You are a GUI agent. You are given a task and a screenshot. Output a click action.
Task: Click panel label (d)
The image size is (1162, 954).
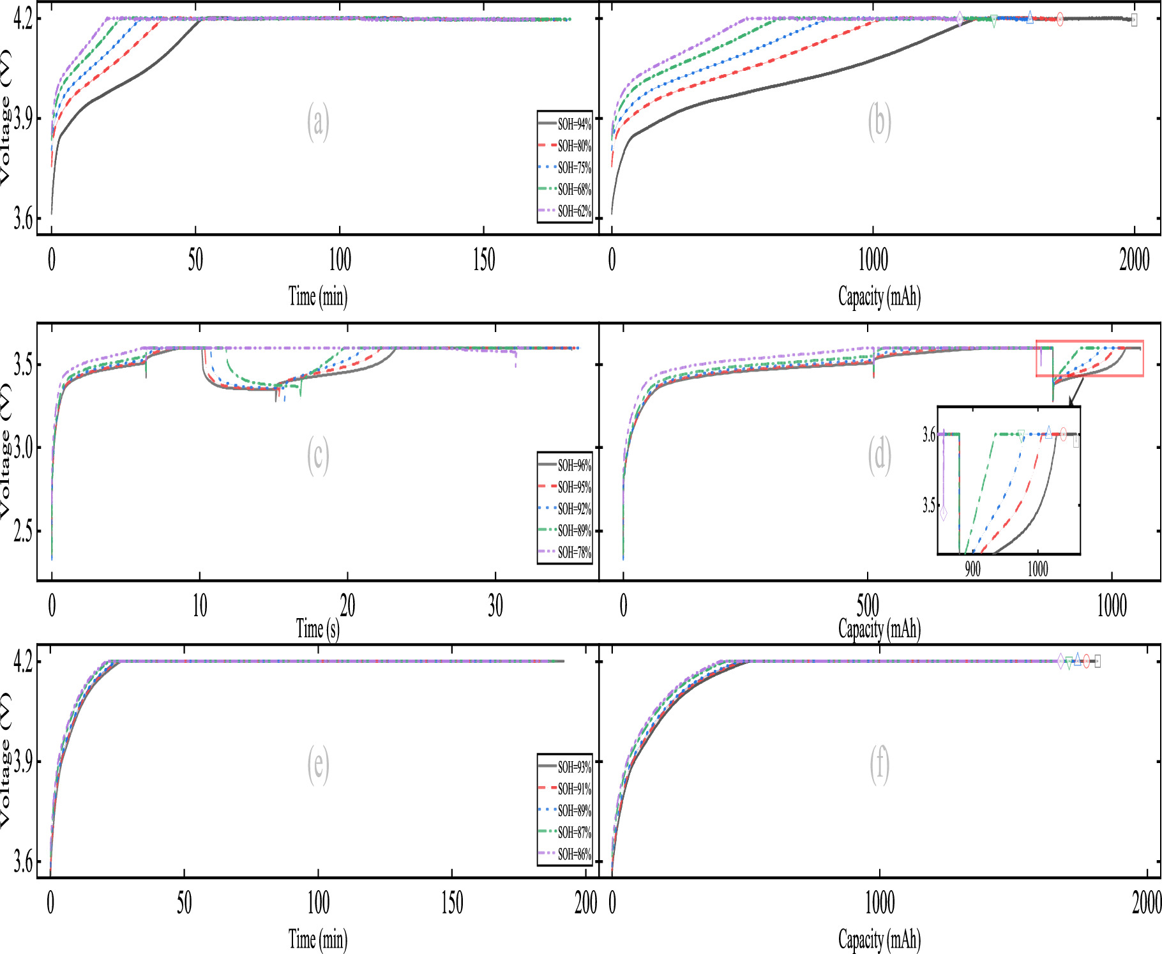[879, 455]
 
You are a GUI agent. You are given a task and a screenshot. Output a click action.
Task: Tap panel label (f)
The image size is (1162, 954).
[879, 764]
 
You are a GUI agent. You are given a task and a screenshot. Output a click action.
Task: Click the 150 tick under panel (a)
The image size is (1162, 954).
[483, 260]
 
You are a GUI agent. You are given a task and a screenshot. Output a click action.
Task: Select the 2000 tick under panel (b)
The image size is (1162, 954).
[1134, 260]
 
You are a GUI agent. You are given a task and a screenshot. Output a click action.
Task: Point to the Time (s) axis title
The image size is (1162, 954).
[317, 629]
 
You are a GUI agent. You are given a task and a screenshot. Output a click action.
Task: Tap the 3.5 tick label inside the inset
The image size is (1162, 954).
[928, 506]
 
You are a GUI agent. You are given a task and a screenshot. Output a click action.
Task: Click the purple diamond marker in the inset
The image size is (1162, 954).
[944, 513]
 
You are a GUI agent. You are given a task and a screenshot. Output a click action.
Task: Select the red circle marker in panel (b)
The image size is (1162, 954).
[1060, 19]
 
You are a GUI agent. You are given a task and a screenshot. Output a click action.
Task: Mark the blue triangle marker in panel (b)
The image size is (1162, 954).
[1030, 17]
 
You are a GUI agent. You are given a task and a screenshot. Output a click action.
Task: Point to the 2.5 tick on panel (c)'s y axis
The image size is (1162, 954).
[23, 531]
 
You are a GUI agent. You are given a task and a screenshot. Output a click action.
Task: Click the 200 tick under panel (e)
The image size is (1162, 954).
[585, 903]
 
